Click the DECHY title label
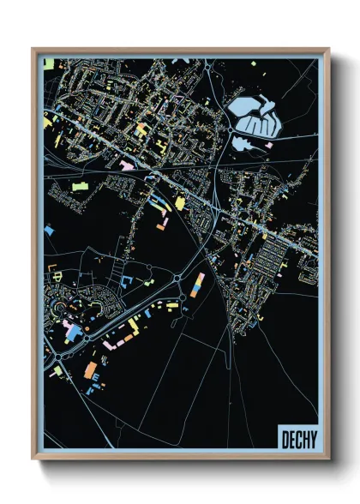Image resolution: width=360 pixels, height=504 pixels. coord(297,439)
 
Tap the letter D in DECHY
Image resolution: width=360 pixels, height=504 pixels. coord(285,439)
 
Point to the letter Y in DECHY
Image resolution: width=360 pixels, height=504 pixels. coord(311,439)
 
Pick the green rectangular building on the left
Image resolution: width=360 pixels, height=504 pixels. coord(80,184)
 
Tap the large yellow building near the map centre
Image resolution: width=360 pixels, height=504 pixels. coord(180,202)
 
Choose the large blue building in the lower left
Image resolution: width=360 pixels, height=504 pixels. coord(72,331)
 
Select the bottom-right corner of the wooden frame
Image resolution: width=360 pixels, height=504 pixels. coord(328,459)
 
